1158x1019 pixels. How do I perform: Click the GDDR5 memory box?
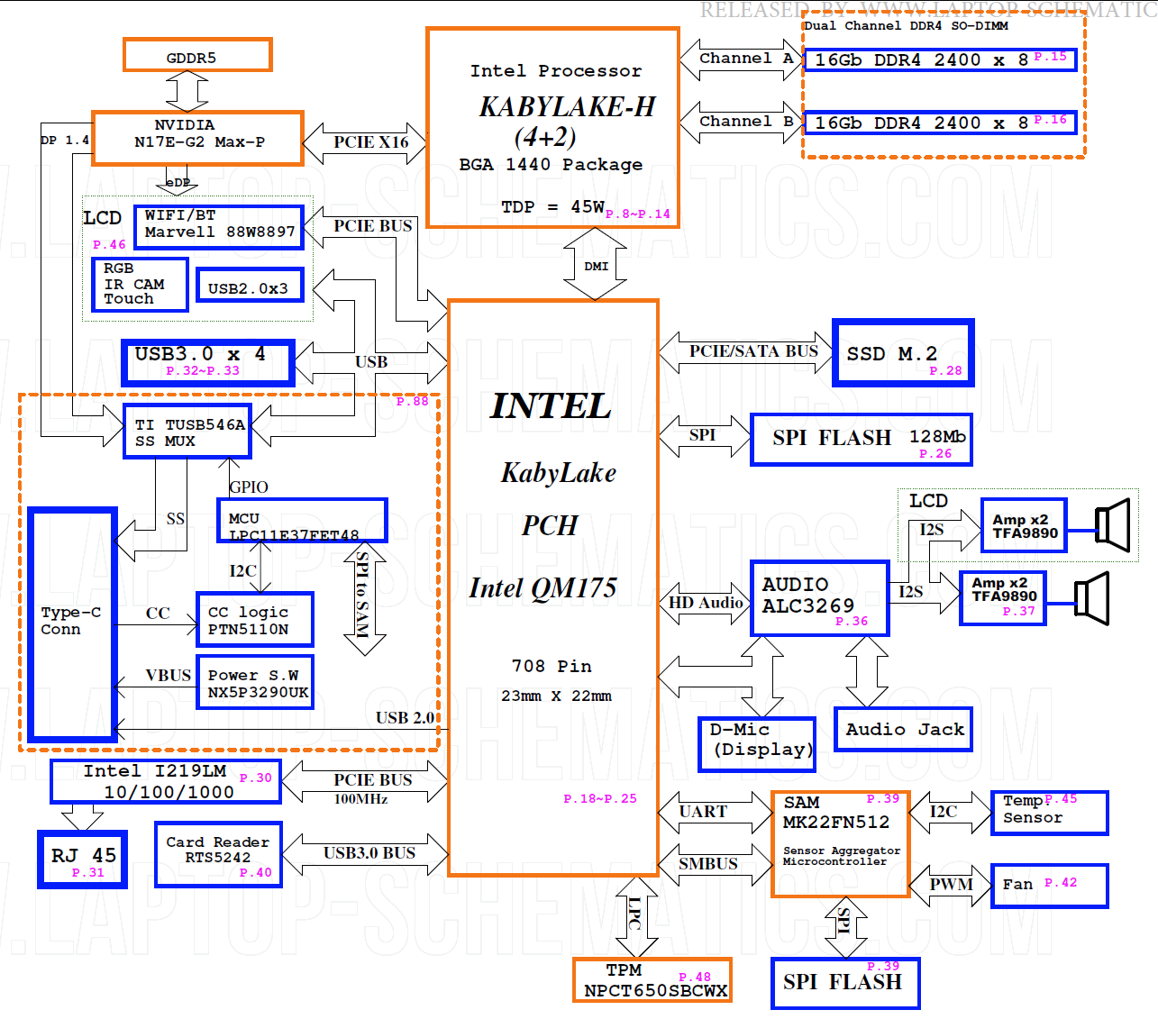pyautogui.click(x=197, y=55)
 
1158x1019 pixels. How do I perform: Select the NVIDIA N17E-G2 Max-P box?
pyautogui.click(x=197, y=138)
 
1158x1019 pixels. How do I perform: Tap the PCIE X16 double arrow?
pyautogui.click(x=365, y=142)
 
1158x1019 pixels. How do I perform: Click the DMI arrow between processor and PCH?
pyautogui.click(x=596, y=265)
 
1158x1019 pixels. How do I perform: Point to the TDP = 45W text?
pyautogui.click(x=552, y=207)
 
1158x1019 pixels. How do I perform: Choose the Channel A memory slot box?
pyautogui.click(x=940, y=59)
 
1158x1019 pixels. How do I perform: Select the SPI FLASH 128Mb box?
pyautogui.click(x=862, y=440)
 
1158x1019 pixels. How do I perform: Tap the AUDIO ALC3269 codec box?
pyautogui.click(x=819, y=598)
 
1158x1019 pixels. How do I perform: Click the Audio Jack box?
pyautogui.click(x=904, y=729)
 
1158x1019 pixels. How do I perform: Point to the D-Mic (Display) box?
pyautogui.click(x=757, y=744)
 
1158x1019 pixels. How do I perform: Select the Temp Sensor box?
pyautogui.click(x=1049, y=813)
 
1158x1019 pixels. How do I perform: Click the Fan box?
pyautogui.click(x=1049, y=886)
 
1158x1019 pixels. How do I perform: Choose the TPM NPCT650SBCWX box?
pyautogui.click(x=652, y=979)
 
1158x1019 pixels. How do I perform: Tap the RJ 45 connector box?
pyautogui.click(x=83, y=859)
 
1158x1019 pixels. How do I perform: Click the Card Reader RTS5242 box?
pyautogui.click(x=218, y=854)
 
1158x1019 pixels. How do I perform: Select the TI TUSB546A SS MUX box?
pyautogui.click(x=187, y=431)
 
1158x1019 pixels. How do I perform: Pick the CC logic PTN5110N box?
pyautogui.click(x=255, y=619)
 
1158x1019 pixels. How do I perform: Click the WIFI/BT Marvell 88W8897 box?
pyautogui.click(x=219, y=226)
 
